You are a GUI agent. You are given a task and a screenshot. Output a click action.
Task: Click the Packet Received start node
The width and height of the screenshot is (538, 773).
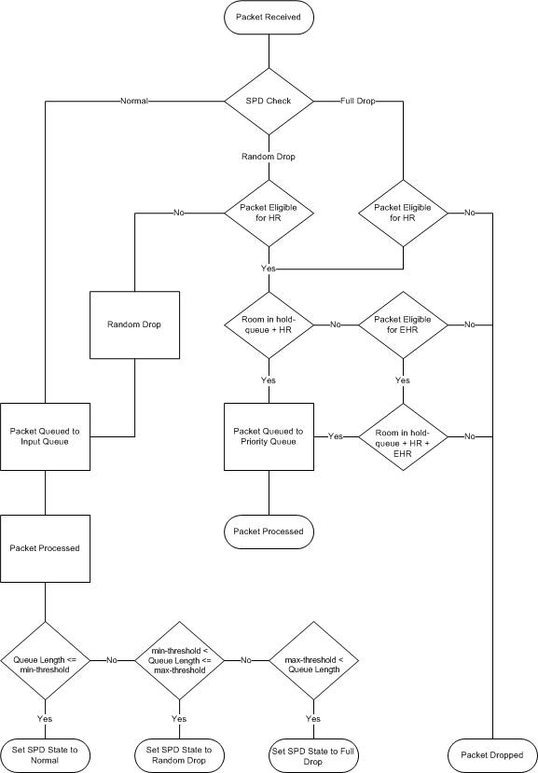(269, 17)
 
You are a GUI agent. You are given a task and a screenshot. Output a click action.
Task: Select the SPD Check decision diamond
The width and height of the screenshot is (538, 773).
(269, 101)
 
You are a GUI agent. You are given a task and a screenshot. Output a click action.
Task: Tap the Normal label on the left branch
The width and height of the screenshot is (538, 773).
(134, 101)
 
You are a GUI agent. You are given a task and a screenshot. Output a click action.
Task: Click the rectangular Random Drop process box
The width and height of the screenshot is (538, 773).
(134, 325)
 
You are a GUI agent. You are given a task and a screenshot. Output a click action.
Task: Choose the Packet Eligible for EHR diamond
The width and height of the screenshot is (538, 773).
(403, 325)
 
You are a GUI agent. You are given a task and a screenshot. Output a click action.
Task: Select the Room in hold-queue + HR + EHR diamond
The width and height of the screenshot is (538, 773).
(403, 436)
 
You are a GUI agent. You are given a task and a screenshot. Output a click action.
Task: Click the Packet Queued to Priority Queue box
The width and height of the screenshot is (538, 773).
(269, 436)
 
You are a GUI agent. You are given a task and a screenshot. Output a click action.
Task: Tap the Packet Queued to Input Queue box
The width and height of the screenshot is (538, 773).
(45, 436)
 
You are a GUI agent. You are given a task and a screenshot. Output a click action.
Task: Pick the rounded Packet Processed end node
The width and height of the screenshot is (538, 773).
(269, 531)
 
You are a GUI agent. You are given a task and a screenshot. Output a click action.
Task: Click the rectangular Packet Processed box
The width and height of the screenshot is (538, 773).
(45, 547)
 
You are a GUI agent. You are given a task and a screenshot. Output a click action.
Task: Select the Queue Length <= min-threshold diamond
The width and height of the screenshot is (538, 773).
(45, 660)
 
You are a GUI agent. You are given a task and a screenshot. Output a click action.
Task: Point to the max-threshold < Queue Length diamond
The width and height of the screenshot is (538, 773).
(313, 660)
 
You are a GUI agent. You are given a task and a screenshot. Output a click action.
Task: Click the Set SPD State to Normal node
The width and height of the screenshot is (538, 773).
(45, 754)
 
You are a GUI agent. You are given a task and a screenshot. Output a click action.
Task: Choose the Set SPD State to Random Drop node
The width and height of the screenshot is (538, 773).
(179, 754)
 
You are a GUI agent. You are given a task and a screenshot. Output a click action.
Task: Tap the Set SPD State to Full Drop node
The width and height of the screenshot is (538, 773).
(313, 754)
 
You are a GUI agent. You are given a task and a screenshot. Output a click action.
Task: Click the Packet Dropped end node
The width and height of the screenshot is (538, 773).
(492, 754)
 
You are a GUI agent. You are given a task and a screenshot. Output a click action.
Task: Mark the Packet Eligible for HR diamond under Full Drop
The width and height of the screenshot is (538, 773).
(403, 214)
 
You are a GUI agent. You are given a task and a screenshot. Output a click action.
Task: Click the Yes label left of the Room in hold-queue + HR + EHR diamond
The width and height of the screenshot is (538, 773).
(336, 436)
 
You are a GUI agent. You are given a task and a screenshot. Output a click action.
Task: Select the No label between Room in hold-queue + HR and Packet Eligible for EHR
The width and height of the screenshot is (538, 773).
(336, 325)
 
